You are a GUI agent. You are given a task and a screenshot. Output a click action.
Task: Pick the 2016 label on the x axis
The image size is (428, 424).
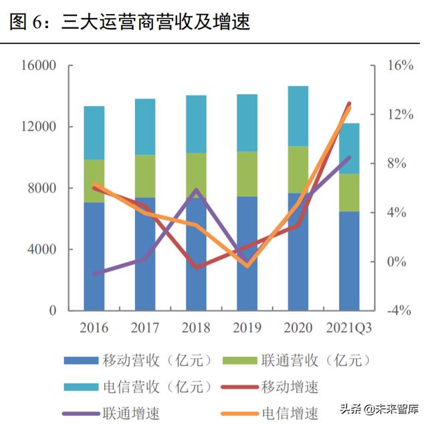[x=94, y=328]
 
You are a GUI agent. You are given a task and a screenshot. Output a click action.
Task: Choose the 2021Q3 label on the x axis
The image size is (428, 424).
[x=349, y=328]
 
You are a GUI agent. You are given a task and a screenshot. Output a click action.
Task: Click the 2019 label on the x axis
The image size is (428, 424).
[x=247, y=328]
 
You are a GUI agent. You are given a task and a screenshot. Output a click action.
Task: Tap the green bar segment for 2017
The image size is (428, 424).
[x=145, y=176]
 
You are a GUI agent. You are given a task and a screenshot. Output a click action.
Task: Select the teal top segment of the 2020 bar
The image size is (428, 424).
[x=298, y=116]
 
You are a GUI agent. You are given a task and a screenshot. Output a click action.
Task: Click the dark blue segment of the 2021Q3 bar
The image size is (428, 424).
[x=349, y=260]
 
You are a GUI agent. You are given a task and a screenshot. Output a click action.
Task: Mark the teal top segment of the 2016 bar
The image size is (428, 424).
[x=94, y=133]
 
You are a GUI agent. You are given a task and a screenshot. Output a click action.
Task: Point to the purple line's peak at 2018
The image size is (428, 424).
[x=196, y=190]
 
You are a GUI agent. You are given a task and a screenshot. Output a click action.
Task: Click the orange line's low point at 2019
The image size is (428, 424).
[x=247, y=266]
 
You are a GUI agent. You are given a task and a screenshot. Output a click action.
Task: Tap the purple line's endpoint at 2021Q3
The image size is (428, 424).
[x=349, y=158]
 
